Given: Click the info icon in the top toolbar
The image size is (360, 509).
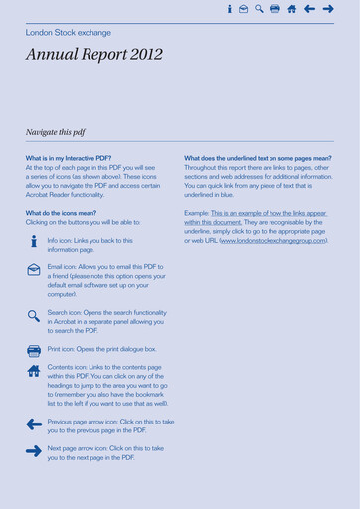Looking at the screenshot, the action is tap(230, 9).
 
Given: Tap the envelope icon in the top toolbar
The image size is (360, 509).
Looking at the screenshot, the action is tap(244, 9).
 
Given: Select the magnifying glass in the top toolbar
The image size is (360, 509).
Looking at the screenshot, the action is tap(259, 9).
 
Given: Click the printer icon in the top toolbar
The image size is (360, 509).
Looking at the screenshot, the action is tap(275, 9).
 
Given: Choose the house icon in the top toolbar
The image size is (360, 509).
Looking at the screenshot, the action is tap(291, 9).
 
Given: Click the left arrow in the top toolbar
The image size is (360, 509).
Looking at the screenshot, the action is tap(308, 9).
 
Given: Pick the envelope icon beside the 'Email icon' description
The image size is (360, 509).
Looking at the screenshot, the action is tap(33, 270).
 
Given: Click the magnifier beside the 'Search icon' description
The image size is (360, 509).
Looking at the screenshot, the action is tap(33, 316).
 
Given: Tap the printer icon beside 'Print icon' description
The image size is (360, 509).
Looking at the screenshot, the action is tap(33, 350).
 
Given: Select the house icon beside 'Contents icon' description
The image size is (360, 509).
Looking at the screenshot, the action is tap(33, 372).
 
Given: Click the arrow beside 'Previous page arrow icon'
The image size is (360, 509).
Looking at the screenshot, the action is tap(33, 424).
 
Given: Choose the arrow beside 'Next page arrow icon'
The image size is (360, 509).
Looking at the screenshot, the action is tap(33, 451).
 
